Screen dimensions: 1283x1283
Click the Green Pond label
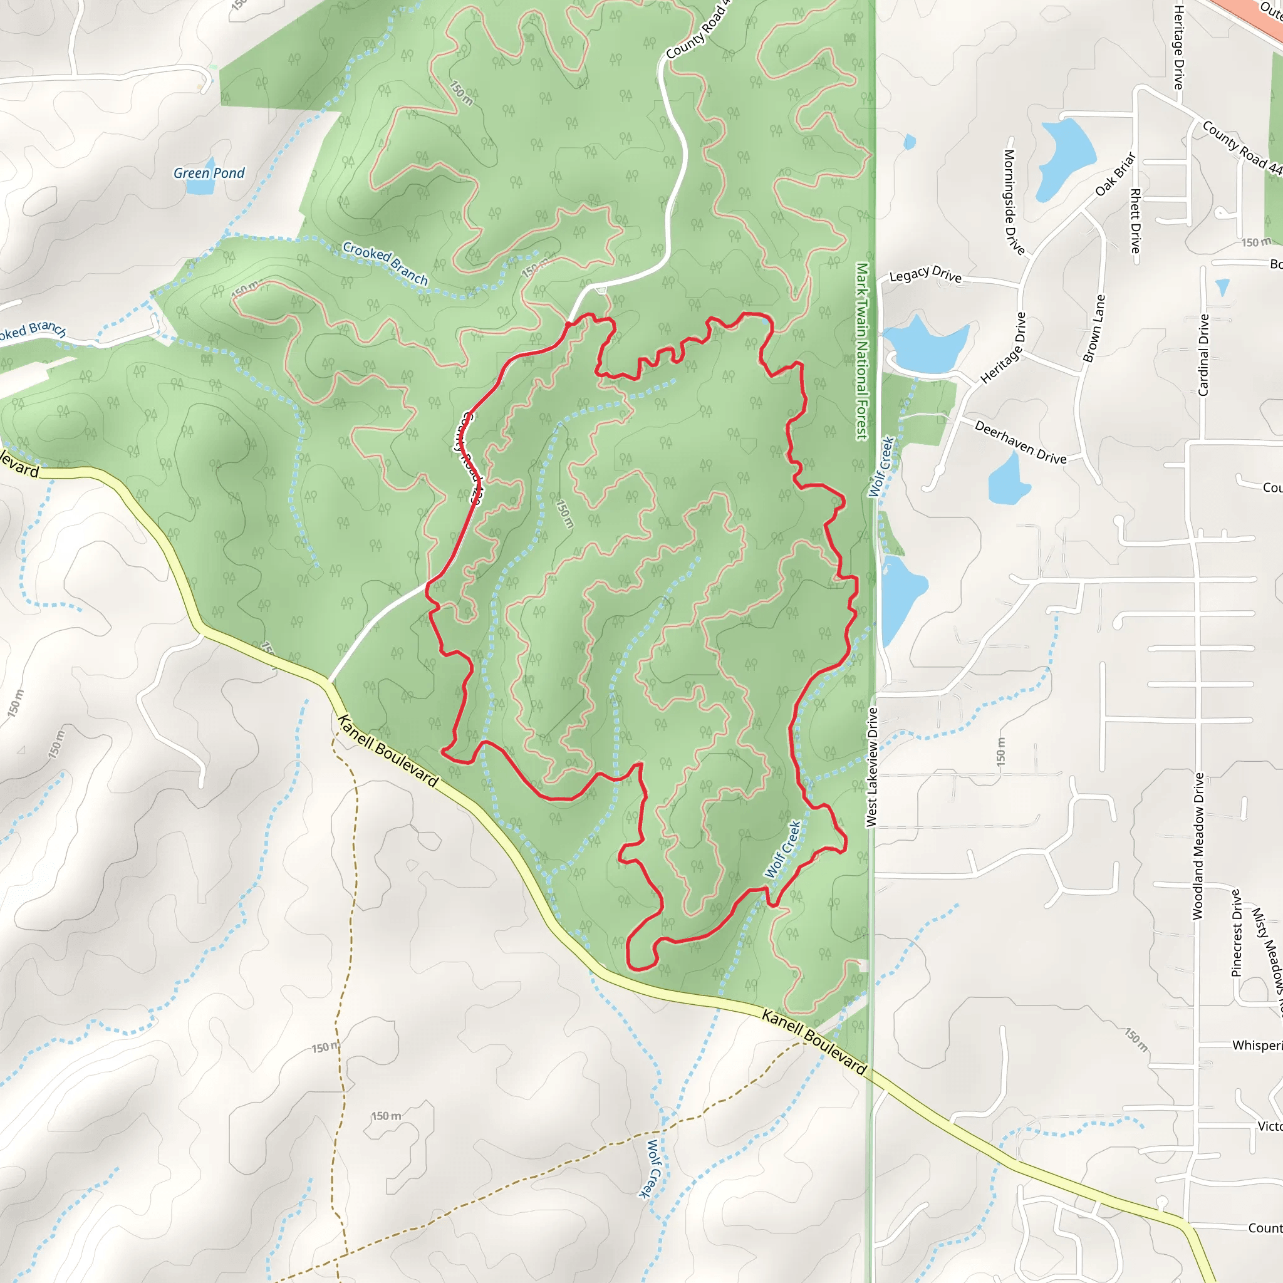[209, 174]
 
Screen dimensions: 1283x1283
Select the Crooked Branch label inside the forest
[385, 263]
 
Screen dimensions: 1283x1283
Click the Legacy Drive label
[925, 274]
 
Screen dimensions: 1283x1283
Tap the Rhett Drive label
[1136, 221]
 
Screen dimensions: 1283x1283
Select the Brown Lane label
[1094, 328]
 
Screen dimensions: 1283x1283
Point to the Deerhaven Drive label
[1020, 442]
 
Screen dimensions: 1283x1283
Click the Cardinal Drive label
[1203, 355]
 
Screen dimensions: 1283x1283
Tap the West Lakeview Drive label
[872, 767]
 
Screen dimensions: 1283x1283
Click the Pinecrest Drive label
[1236, 933]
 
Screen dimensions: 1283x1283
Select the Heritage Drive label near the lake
[1003, 348]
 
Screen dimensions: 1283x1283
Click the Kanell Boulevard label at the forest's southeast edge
[814, 1042]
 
